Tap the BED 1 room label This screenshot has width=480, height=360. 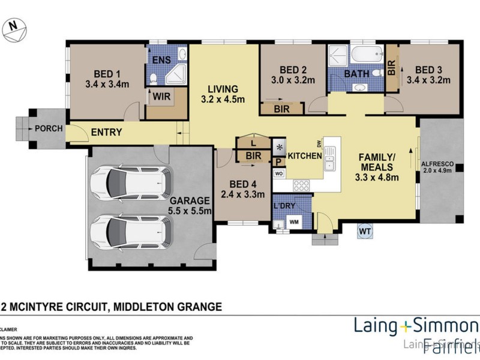click(x=107, y=68)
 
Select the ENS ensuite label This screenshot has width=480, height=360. click(x=160, y=60)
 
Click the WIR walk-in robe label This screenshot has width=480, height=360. click(x=159, y=95)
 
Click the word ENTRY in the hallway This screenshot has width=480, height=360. click(x=107, y=133)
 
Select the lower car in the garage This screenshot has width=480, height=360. click(x=131, y=230)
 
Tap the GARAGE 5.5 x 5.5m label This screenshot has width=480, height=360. click(x=189, y=206)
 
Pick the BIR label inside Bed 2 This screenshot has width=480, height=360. click(x=281, y=109)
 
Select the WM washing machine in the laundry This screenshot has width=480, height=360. click(x=295, y=221)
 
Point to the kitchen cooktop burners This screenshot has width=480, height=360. click(x=301, y=185)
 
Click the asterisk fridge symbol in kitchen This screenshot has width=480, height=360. click(x=280, y=147)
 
